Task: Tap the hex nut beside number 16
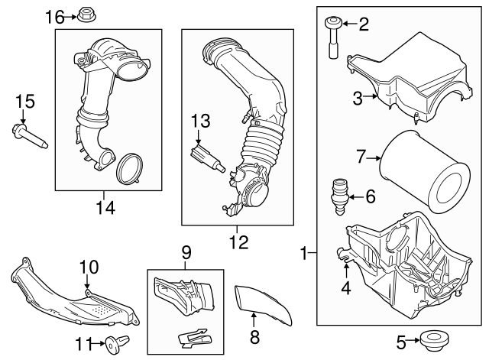[86, 15]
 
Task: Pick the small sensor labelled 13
[206, 158]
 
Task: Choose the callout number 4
[345, 289]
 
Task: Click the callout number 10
[89, 267]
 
